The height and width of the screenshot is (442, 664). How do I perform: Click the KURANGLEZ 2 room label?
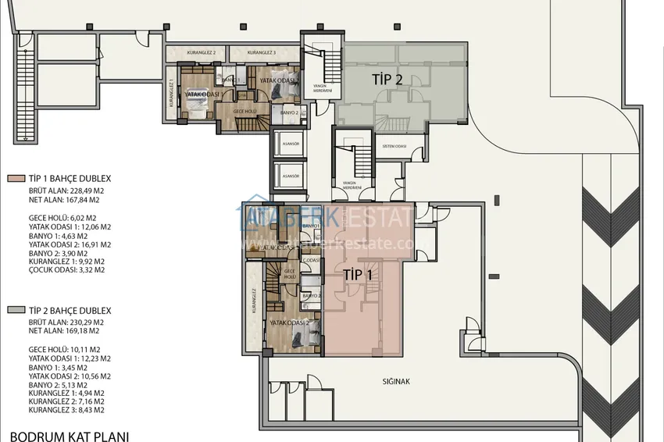pos(198,52)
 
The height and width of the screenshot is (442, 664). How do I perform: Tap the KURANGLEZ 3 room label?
pos(262,52)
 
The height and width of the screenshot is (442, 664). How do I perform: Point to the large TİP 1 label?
pos(358,274)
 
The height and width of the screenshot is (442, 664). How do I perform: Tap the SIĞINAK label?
pos(396,382)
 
